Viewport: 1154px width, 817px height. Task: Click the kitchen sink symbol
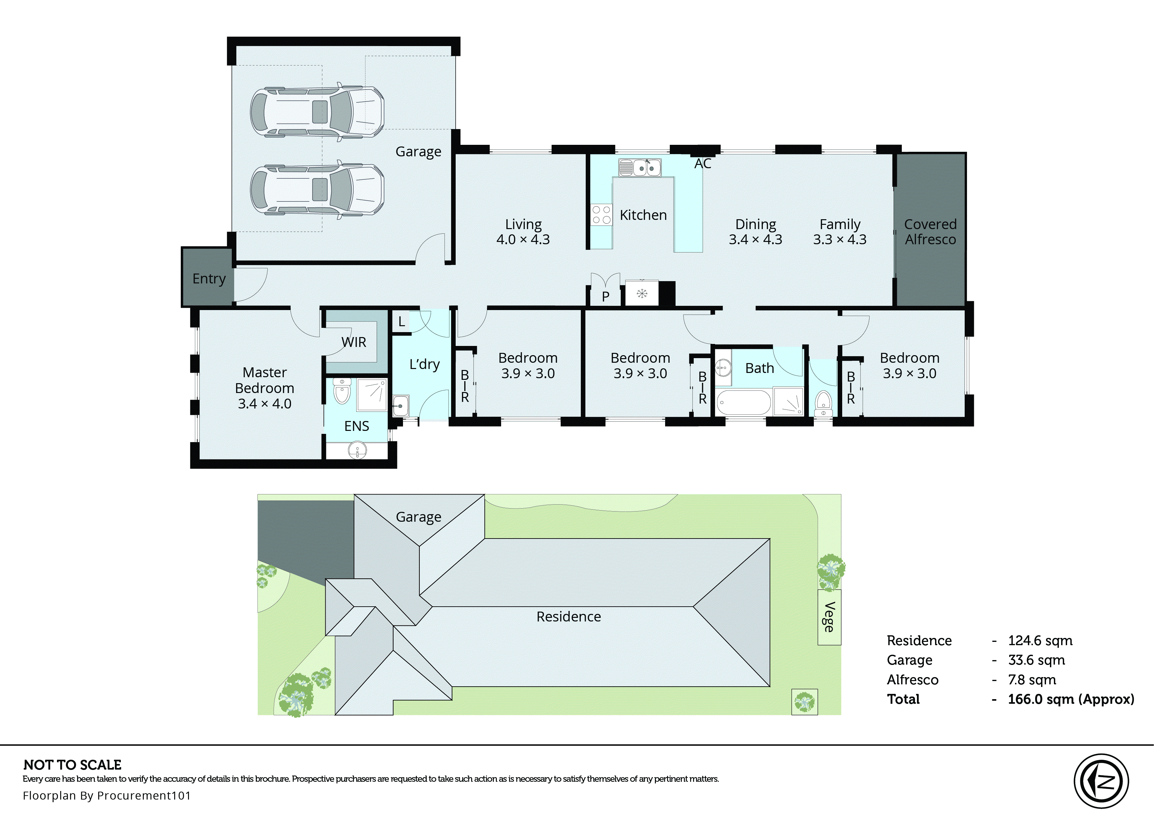pyautogui.click(x=640, y=168)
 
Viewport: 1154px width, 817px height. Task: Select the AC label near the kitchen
pyautogui.click(x=702, y=164)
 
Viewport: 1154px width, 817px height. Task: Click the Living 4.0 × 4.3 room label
pyautogui.click(x=523, y=231)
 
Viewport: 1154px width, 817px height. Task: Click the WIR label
pyautogui.click(x=354, y=342)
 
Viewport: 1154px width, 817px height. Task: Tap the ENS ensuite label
pyautogui.click(x=356, y=426)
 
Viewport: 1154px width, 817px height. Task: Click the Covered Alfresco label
pyautogui.click(x=930, y=231)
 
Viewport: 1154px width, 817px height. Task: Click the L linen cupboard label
pyautogui.click(x=401, y=322)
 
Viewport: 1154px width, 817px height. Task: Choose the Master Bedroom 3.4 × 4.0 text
pyautogui.click(x=265, y=387)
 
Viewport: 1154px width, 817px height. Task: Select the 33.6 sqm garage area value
pyautogui.click(x=1036, y=660)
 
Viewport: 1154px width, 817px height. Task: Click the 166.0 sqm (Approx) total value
pyautogui.click(x=1070, y=699)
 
